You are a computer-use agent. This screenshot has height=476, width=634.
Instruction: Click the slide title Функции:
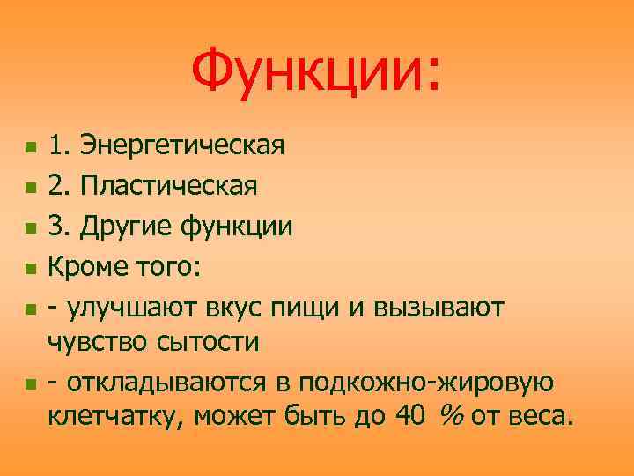click(316, 71)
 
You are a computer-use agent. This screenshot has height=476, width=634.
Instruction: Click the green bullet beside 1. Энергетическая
click(30, 145)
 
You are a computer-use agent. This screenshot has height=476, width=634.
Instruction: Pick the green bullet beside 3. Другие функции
click(30, 227)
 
